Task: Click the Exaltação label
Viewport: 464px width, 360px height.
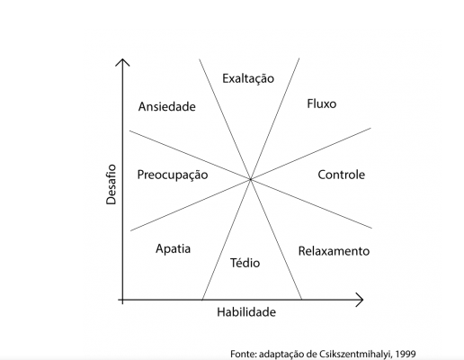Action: click(x=248, y=79)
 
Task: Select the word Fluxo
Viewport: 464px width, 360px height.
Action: click(x=322, y=103)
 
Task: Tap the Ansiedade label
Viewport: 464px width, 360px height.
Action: click(x=167, y=106)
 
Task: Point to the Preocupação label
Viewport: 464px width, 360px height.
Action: click(x=173, y=175)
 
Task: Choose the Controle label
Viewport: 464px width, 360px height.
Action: click(x=342, y=175)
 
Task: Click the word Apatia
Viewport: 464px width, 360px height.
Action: click(x=174, y=249)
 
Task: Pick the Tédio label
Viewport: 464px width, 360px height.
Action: click(x=245, y=263)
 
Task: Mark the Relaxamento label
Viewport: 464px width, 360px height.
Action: click(x=334, y=251)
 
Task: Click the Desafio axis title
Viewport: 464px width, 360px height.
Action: click(x=111, y=184)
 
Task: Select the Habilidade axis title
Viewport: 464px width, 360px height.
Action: click(x=246, y=312)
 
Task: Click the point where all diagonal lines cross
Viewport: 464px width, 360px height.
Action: click(x=251, y=179)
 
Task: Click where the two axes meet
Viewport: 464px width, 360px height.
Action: click(x=122, y=300)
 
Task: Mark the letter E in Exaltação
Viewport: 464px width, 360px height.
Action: click(x=226, y=78)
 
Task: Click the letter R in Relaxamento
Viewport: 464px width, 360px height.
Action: click(x=302, y=251)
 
